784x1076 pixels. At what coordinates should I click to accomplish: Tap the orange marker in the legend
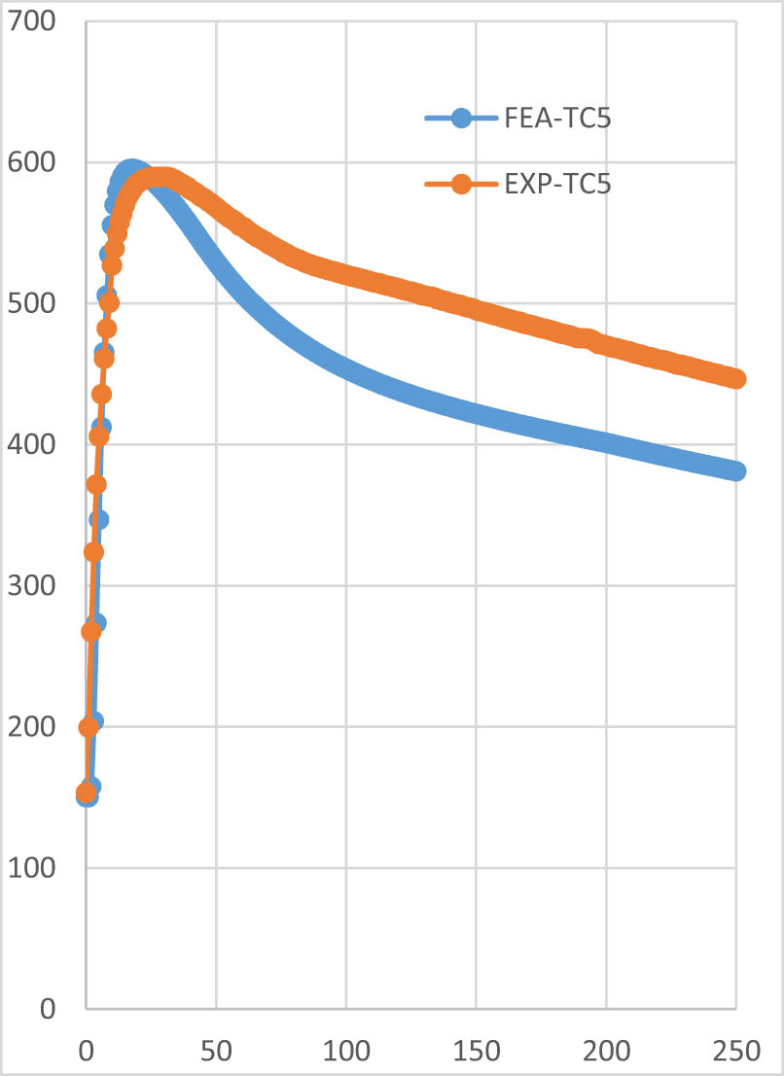[x=461, y=185]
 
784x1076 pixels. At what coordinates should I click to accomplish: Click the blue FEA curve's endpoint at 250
[x=736, y=471]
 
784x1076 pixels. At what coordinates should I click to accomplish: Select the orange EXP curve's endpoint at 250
[x=736, y=379]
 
